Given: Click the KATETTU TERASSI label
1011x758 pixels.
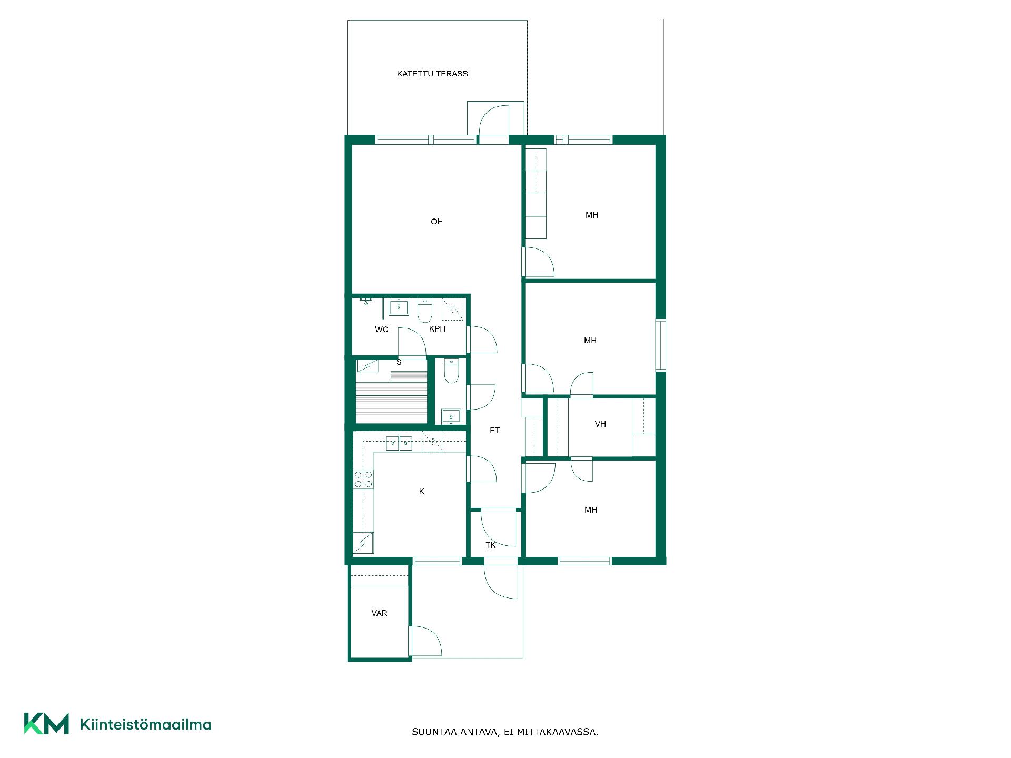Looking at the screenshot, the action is click(433, 74).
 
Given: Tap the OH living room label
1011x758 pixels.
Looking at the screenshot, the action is click(437, 222).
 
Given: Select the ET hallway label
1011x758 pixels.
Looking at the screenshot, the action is click(494, 431).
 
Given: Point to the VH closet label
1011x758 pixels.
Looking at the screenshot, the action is click(600, 424).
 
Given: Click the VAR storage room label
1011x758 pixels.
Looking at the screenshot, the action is click(379, 613).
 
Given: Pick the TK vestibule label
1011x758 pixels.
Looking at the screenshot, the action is click(490, 545).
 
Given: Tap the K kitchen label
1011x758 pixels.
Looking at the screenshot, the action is click(421, 492).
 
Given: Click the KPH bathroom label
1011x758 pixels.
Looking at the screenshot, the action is click(437, 329).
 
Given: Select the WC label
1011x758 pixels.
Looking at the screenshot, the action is click(382, 330).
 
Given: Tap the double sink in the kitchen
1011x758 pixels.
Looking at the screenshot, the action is click(399, 443).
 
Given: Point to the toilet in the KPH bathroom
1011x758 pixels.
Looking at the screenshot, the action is click(425, 311).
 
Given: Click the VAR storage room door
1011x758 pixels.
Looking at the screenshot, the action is click(425, 641).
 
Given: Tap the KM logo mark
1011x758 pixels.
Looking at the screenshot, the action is click(46, 724).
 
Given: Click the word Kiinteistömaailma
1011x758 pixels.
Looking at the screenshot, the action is click(145, 725).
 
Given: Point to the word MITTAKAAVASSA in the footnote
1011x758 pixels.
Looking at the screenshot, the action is click(558, 732).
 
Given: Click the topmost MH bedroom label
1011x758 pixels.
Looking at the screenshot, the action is click(591, 215).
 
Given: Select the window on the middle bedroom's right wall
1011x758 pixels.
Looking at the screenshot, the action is click(660, 345).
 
